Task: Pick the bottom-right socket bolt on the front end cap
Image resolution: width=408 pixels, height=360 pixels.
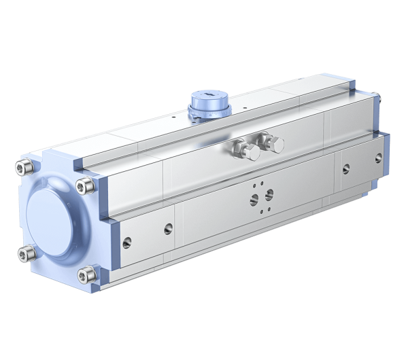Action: point(84,275)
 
